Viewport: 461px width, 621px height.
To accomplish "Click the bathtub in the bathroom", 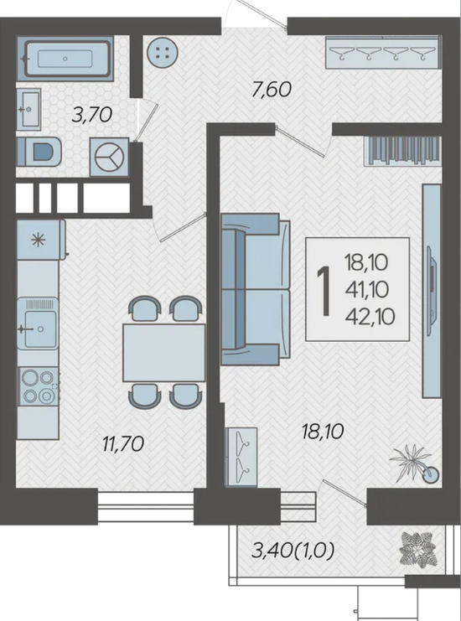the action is point(65,58).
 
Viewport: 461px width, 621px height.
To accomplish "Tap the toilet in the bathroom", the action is point(39,152).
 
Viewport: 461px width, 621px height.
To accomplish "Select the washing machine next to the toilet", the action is point(109,157).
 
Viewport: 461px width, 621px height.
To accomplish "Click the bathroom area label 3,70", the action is point(92,115).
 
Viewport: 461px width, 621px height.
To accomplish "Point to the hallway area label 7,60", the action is point(272,89).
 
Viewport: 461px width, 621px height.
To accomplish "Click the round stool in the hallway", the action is point(163,53).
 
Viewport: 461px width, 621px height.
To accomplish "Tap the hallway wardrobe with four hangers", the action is point(383,53).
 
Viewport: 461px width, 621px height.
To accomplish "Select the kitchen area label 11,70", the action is point(122,443).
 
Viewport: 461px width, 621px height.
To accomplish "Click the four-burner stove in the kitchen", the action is point(39,386).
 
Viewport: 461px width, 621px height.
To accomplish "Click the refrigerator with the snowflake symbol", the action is point(40,240).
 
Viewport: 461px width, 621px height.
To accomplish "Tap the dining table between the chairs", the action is point(164,353).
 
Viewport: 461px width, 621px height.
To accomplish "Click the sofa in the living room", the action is point(255,289).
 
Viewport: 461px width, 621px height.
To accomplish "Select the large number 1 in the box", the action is point(324,291).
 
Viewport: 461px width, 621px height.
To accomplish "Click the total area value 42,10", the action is point(370,317).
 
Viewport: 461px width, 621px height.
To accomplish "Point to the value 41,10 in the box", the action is point(367,290).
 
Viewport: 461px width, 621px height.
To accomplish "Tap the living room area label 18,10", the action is point(323,432).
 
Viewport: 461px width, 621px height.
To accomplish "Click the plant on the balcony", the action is point(417,549).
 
